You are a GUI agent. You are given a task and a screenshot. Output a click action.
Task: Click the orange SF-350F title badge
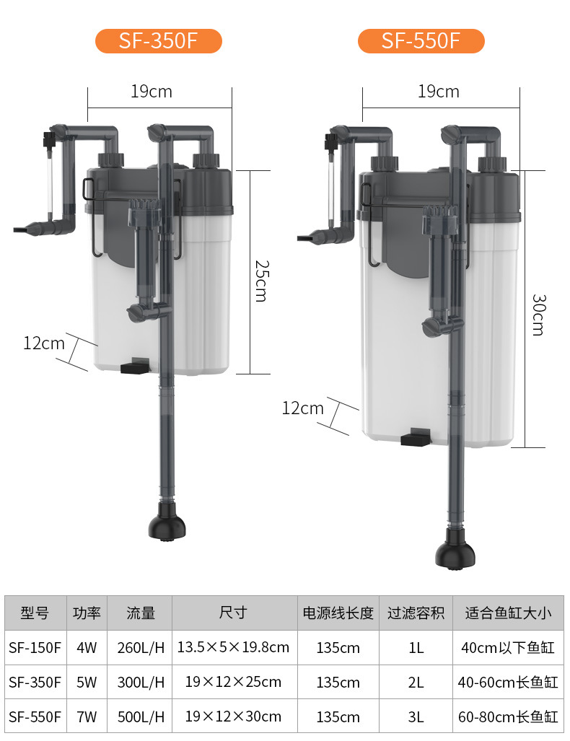158,40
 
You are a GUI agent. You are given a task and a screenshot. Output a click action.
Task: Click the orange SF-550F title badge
421,40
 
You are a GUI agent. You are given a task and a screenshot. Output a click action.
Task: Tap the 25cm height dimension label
261,281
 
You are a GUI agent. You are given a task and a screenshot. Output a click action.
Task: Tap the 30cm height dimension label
538,315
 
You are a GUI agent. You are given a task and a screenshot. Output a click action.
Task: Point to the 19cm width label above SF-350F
152,91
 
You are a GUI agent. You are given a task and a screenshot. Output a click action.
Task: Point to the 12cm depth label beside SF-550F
302,408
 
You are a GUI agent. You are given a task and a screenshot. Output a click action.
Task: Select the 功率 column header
87,613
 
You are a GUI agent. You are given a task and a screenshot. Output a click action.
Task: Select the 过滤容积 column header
416,613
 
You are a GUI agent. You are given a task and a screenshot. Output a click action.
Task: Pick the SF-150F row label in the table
35,647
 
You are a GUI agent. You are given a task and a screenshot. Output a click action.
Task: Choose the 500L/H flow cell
141,717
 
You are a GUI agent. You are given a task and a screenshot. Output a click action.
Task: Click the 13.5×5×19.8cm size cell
233,647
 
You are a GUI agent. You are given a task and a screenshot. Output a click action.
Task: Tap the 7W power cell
87,717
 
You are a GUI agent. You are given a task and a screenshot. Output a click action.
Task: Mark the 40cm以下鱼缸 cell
508,647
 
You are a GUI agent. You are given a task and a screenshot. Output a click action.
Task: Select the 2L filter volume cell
416,683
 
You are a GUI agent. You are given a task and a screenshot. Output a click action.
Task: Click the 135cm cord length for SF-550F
338,717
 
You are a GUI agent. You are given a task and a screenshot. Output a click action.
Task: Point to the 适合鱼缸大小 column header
508,613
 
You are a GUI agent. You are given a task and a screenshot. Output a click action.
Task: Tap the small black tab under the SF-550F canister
416,438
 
